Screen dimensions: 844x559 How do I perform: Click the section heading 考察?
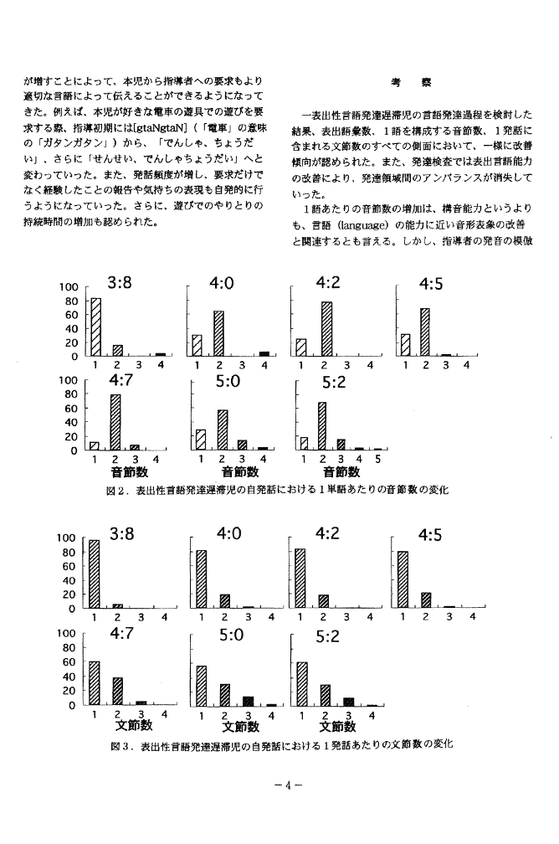pos(410,84)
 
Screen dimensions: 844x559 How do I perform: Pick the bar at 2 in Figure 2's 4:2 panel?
pos(326,328)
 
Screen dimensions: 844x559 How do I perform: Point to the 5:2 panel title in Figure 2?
pos(334,383)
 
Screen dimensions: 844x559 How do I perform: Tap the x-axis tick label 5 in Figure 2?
pos(378,460)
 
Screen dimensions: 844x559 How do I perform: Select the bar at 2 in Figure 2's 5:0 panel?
pos(222,429)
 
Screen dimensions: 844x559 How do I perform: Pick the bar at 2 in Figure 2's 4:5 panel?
pos(425,332)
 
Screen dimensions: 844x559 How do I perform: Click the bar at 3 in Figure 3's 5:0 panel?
pos(248,700)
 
